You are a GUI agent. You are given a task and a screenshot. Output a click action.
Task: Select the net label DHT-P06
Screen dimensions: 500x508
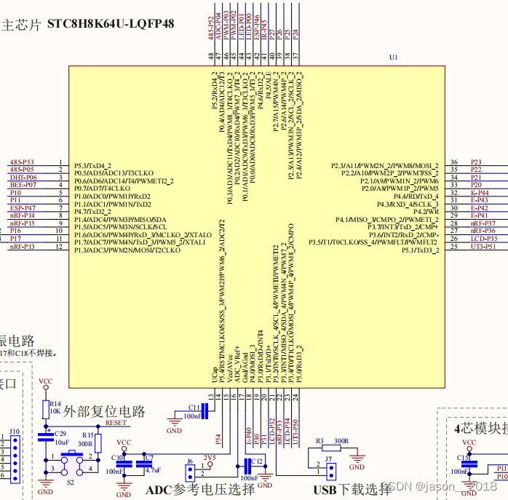(23, 177)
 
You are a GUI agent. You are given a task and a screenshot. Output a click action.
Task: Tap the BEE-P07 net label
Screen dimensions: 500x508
(23, 185)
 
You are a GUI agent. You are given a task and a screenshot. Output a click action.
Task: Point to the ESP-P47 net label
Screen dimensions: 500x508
(23, 208)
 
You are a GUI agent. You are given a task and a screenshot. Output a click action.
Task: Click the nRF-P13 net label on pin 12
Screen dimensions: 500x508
(23, 247)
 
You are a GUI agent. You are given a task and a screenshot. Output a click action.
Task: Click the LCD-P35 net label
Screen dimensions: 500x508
(483, 238)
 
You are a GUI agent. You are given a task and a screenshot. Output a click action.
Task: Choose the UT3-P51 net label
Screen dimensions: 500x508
(483, 246)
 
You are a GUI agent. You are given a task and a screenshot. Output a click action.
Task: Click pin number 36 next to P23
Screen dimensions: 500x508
(454, 162)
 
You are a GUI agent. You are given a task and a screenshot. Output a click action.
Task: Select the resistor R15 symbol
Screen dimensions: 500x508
(98, 442)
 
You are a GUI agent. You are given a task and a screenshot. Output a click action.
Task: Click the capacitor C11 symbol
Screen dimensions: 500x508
(205, 412)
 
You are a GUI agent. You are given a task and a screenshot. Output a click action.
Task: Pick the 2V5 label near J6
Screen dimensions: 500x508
(210, 457)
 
